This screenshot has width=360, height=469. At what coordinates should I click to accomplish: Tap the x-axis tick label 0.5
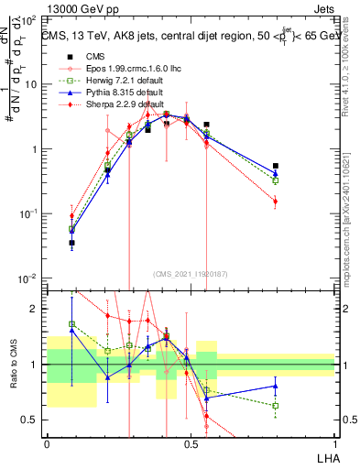coord(191,443)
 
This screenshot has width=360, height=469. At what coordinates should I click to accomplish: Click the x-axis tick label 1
coord(334,443)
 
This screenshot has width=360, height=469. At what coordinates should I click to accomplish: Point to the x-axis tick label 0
coord(47,443)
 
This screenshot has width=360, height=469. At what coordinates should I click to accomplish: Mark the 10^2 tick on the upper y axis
coord(29,19)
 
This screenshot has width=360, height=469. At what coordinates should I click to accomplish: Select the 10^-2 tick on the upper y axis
coord(29,278)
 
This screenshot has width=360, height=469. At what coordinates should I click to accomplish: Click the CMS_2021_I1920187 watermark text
coord(191,274)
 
